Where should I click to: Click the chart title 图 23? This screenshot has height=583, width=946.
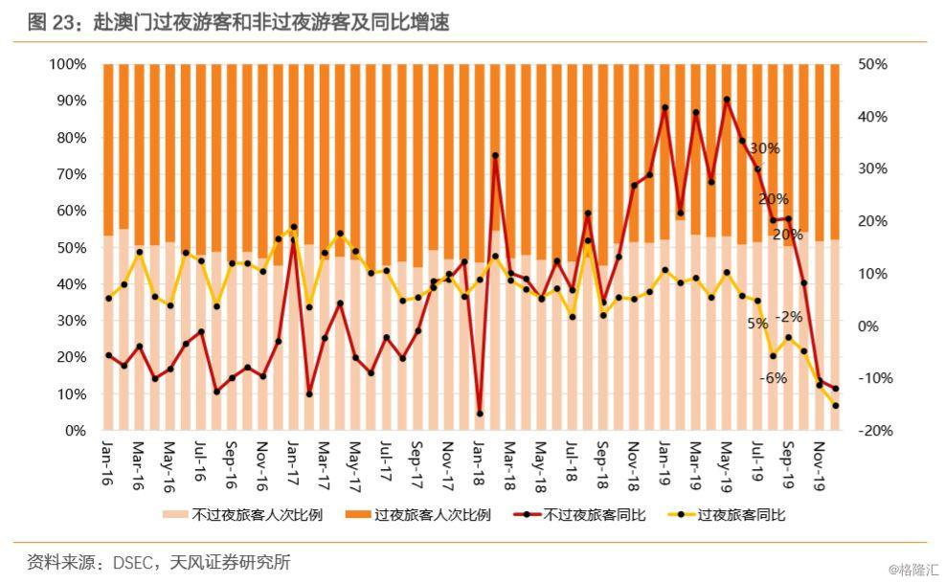[x=237, y=21]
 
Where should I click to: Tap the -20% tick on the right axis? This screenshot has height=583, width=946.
[x=875, y=431]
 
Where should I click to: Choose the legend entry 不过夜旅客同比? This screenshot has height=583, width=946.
[x=594, y=515]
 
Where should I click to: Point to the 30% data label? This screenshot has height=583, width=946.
[x=764, y=148]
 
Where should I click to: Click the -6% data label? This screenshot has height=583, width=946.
[x=774, y=378]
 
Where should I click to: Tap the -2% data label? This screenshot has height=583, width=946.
[x=789, y=317]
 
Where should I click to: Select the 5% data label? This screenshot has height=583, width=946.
[x=757, y=324]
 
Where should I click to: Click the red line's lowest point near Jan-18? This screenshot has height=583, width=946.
[x=480, y=414]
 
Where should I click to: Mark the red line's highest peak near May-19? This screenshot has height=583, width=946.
[x=727, y=100]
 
